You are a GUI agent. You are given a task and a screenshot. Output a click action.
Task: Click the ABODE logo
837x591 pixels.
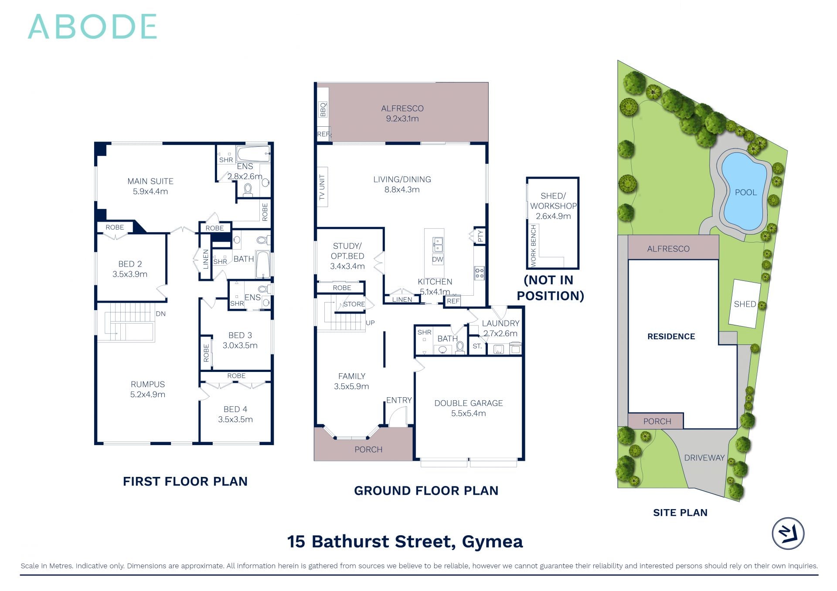coord(92,27)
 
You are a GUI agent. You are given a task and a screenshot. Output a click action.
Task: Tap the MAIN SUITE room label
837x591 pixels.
coord(150,181)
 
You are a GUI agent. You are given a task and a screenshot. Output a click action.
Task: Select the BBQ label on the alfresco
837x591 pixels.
coord(323,109)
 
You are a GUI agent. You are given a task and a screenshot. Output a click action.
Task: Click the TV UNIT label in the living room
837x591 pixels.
coord(322,187)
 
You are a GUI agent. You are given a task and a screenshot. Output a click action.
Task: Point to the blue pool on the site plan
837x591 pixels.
coord(744,192)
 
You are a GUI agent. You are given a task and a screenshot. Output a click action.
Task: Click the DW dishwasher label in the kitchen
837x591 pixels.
coord(437,259)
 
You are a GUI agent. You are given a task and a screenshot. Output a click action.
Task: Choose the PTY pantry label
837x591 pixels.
coord(480,236)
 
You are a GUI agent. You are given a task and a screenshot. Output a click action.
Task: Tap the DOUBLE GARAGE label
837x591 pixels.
coord(469,403)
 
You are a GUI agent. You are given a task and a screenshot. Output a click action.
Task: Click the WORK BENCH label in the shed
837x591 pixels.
coord(533,246)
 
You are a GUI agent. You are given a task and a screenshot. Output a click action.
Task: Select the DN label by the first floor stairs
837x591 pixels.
coord(161,314)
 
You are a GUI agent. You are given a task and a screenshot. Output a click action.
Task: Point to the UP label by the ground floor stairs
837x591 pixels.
coord(370,323)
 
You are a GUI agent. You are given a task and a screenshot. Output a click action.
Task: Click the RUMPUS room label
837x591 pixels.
coord(148,384)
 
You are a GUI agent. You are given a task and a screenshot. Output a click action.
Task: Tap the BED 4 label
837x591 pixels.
coord(235,409)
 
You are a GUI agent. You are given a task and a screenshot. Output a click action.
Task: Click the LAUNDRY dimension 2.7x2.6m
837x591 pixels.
coord(500,334)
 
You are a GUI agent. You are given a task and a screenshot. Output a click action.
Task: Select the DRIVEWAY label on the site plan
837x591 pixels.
coord(704,458)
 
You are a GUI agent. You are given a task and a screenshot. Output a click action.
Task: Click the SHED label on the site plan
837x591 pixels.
coord(745,304)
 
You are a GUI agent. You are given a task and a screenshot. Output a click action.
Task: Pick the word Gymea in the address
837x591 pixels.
coord(492,541)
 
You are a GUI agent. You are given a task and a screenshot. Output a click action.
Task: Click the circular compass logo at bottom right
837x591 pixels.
coord(788,534)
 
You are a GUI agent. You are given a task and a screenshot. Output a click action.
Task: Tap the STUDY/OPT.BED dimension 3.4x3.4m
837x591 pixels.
coord(347,266)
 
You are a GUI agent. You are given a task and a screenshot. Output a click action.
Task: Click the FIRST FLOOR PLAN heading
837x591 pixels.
coord(185,481)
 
